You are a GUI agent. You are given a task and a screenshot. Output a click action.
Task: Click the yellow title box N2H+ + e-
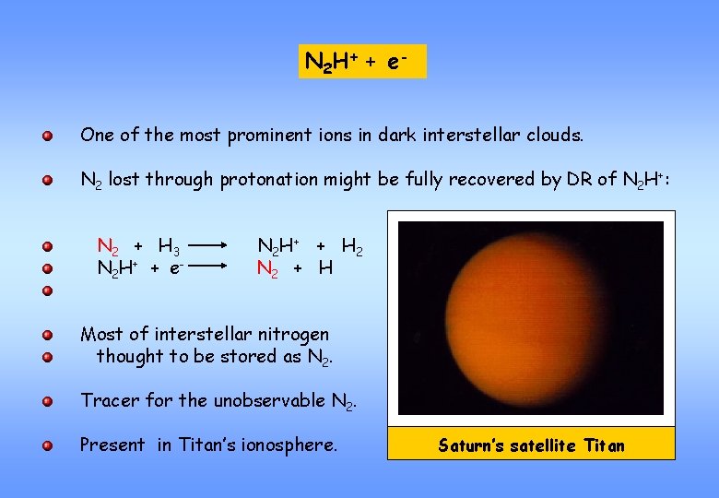click(x=362, y=62)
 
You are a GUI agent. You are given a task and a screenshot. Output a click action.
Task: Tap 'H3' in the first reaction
click(x=169, y=247)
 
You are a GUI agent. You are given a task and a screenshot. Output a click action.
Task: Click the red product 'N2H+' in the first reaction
click(x=276, y=247)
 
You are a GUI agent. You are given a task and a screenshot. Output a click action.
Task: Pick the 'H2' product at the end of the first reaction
click(x=352, y=247)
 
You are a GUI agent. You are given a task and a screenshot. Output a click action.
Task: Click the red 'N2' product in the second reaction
click(x=267, y=269)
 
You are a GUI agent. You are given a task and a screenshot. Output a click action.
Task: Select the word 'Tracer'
click(x=109, y=400)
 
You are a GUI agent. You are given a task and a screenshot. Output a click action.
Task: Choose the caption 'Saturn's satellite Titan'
click(x=531, y=446)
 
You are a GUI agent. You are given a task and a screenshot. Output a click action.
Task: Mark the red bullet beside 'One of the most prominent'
click(x=46, y=136)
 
